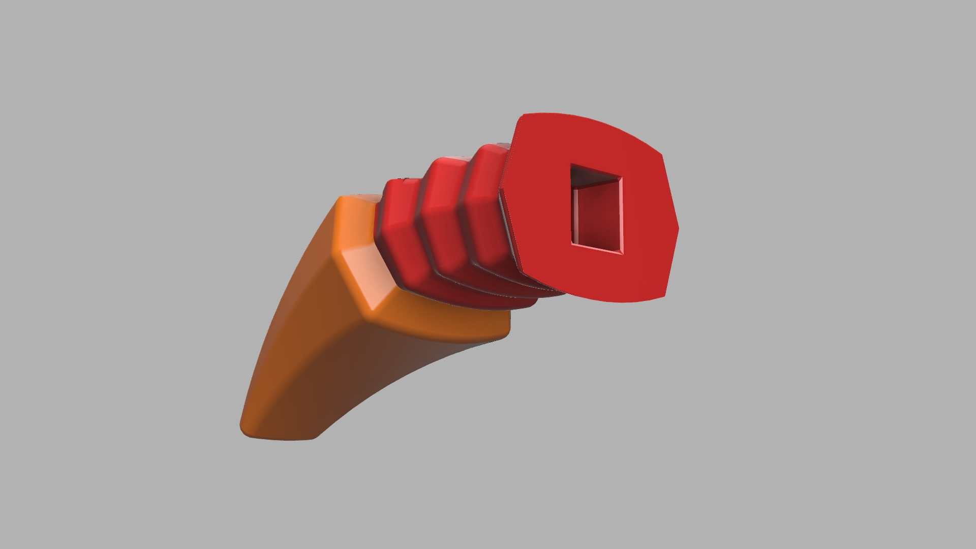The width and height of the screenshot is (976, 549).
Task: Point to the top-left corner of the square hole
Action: (571, 164)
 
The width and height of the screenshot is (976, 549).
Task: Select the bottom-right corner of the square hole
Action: (623, 254)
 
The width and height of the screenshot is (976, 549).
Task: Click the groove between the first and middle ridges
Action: (420, 224)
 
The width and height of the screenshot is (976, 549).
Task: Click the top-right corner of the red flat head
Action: (661, 154)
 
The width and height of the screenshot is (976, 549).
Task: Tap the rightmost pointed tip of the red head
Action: (678, 229)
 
